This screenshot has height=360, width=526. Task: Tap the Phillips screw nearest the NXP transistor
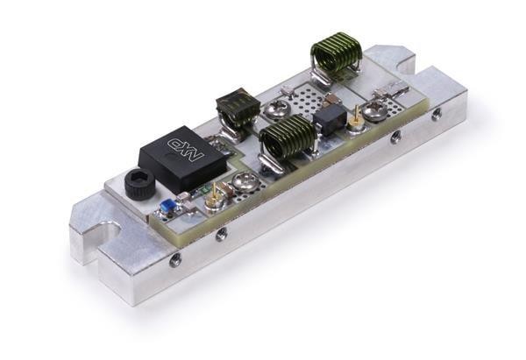245,181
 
